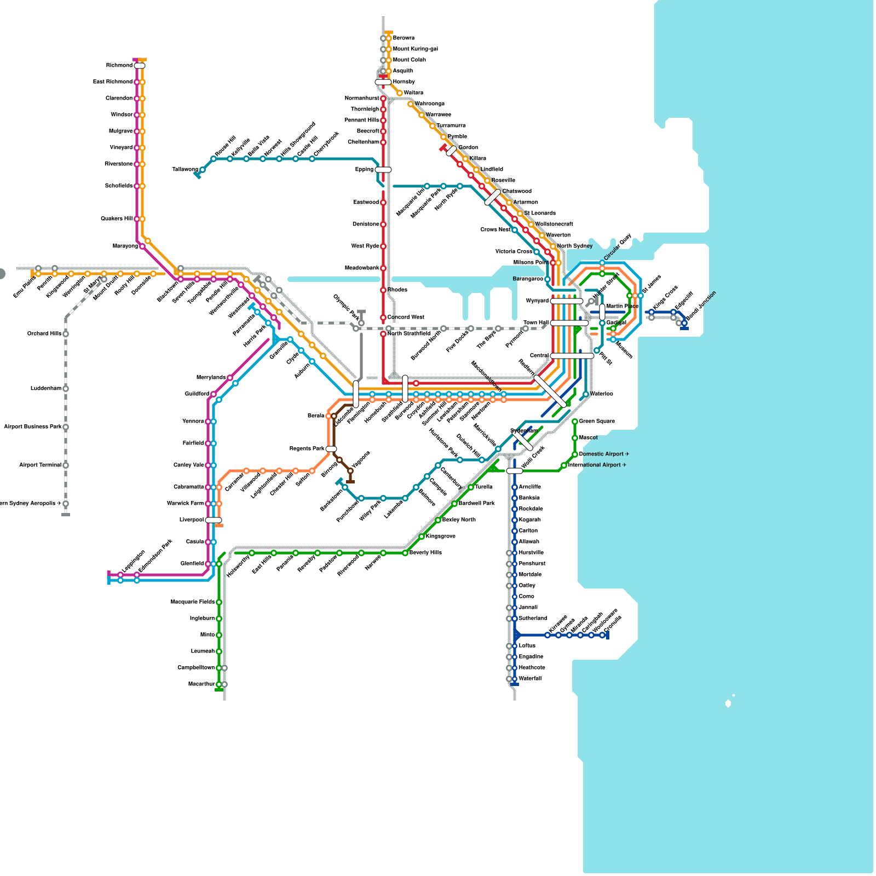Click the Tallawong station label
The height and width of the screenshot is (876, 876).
pos(185,170)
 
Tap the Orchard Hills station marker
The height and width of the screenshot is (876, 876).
pos(66,334)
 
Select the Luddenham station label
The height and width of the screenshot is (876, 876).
pos(46,389)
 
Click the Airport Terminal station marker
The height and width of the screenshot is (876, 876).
pos(66,465)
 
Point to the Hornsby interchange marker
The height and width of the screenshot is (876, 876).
pos(383,82)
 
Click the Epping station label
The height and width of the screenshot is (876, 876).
pos(364,170)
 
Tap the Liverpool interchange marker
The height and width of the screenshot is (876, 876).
pos(214,520)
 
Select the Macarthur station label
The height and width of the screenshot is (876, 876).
pos(201,684)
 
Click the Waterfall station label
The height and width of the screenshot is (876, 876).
pos(530,679)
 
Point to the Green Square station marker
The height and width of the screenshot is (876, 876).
pos(575,422)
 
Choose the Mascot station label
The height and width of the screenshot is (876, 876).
pos(588,438)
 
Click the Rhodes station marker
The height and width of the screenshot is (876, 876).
pos(383,290)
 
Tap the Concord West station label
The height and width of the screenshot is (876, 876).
pos(406,318)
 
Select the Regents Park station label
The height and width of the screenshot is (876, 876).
pos(307,449)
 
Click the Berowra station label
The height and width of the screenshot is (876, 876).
pos(404,38)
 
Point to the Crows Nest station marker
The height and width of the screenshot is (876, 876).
pos(515,230)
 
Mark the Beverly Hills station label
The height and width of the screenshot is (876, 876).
pos(425,553)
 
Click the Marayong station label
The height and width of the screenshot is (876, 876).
pos(125,246)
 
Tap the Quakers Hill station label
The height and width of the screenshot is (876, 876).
pos(116,219)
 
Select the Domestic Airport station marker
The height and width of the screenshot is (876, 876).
pos(575,454)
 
